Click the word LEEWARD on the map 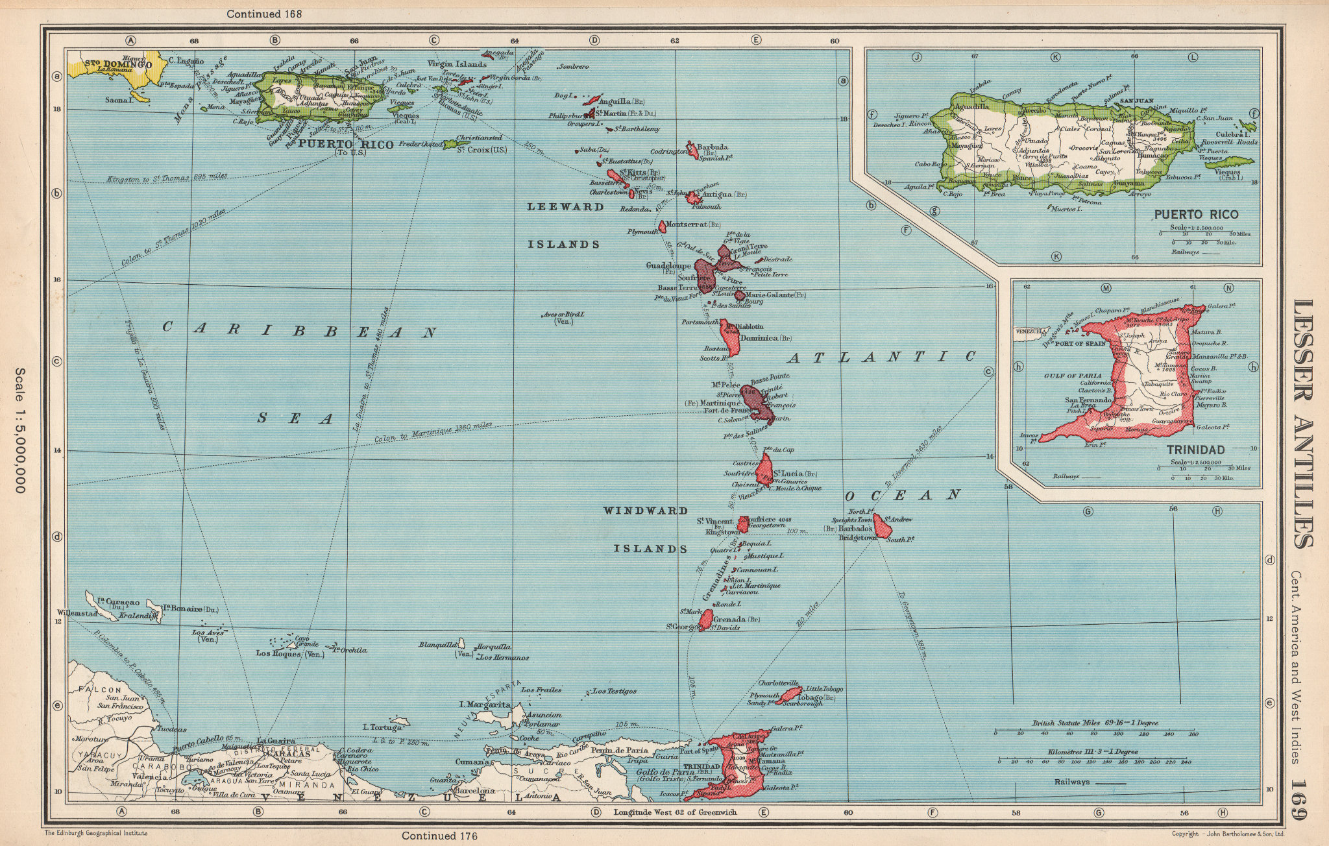pos(556,207)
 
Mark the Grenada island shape pos(705,619)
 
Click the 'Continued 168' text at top pos(263,13)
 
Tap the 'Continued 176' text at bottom pos(439,836)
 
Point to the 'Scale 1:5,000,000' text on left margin pos(19,429)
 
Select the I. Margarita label pos(484,705)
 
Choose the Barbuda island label pos(713,147)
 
